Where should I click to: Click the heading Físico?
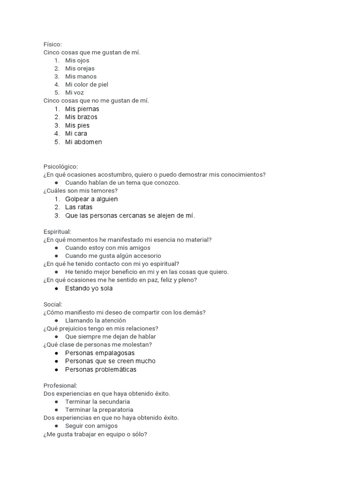[52, 44]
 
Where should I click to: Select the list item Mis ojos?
[77, 60]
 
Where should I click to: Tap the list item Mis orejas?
[80, 68]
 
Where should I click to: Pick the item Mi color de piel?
[87, 84]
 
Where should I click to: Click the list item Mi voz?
[75, 92]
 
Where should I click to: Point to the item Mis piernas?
[82, 109]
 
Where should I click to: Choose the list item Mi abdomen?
[83, 142]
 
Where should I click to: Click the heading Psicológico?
[60, 166]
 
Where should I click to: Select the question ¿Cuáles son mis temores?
[80, 190]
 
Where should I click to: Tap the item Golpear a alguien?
[91, 199]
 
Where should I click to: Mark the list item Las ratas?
[79, 207]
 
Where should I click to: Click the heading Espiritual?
[57, 232]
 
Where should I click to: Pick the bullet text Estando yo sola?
[89, 288]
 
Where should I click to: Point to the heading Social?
[52, 304]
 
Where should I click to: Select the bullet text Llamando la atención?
[95, 320]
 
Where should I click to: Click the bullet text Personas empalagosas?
[100, 352]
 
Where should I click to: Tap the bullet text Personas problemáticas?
[101, 369]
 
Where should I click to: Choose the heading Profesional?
[60, 385]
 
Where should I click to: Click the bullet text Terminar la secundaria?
[97, 402]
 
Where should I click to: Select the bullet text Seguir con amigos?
[91, 426]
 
